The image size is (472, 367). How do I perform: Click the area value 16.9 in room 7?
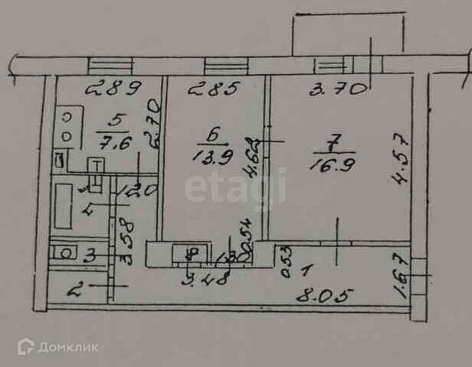point(327,164)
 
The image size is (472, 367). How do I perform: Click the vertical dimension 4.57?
point(400,160)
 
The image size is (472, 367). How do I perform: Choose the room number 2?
point(76,290)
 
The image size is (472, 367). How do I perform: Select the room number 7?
point(331,142)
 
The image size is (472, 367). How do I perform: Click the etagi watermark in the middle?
point(235,187)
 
